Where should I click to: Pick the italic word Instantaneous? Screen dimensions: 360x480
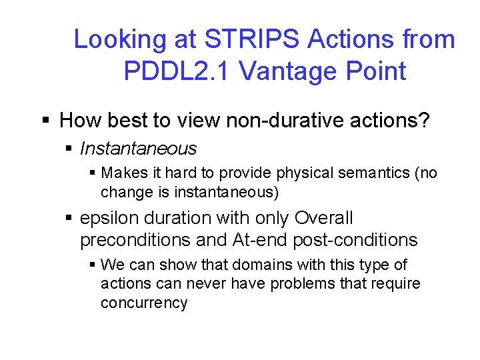point(138,149)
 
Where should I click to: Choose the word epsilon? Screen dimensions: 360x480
point(105,219)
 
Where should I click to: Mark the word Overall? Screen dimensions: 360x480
point(323,219)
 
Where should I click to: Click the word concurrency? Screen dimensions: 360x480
point(143,303)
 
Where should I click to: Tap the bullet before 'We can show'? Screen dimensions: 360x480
point(92,265)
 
